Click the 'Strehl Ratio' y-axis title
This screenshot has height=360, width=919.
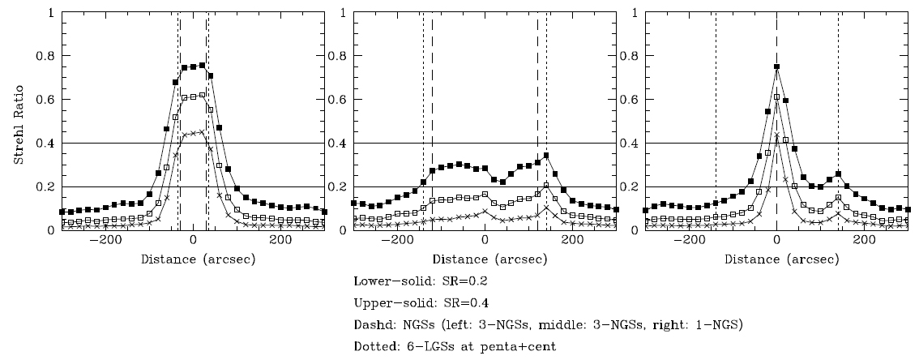tap(19, 122)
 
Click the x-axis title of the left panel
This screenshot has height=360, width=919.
tap(193, 260)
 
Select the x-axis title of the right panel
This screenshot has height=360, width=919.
tap(776, 260)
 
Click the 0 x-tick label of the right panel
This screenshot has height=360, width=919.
tap(776, 242)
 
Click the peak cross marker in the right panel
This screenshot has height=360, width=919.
tap(776, 135)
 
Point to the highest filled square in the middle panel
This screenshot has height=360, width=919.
tap(546, 155)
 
